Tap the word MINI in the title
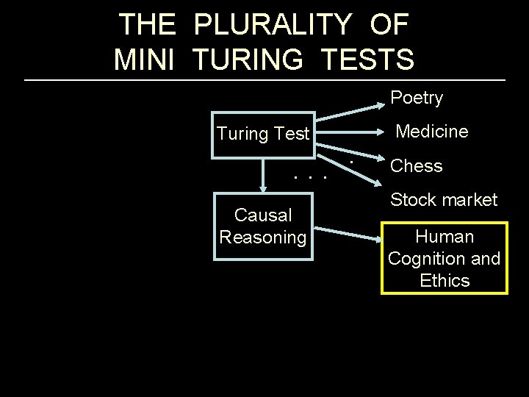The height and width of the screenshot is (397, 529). tap(144, 59)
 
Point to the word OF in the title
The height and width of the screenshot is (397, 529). tap(389, 25)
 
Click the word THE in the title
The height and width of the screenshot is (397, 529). tap(147, 25)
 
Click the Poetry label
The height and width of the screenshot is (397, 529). tap(417, 98)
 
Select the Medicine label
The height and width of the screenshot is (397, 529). tap(431, 132)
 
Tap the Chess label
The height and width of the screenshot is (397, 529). tap(417, 166)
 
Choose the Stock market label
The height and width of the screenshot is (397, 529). tap(443, 199)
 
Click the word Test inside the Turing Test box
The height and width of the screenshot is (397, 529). tap(291, 134)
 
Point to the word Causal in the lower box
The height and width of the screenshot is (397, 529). tap(263, 215)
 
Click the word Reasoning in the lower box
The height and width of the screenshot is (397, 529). tap(263, 237)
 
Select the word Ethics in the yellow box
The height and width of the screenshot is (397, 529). tap(444, 280)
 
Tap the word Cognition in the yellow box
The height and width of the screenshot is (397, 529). tap(431, 259)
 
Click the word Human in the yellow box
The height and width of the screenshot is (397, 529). tap(444, 237)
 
